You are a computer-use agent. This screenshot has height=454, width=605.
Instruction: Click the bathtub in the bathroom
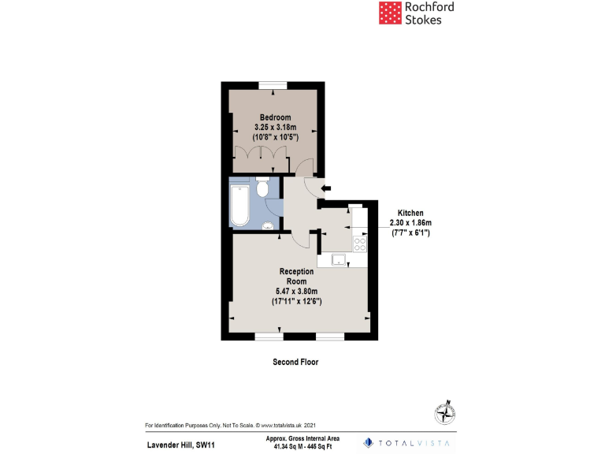(239, 203)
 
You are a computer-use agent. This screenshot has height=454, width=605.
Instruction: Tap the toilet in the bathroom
(263, 188)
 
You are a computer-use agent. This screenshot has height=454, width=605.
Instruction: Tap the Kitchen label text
(410, 214)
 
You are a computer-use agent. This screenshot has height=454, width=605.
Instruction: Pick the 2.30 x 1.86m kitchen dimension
(411, 223)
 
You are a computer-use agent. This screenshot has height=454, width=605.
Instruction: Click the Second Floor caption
(295, 362)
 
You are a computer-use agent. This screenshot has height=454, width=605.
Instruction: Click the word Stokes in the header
(422, 20)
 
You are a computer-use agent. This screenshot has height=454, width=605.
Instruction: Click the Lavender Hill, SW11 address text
(180, 445)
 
